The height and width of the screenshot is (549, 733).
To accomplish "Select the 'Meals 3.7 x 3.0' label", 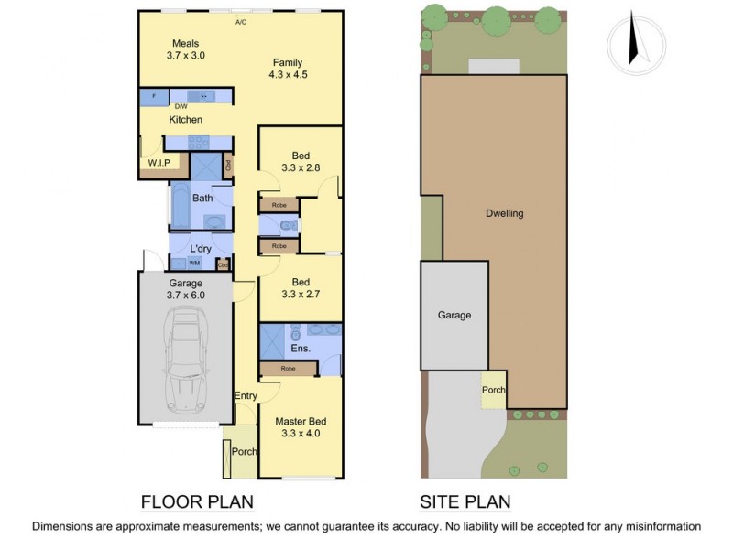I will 185,49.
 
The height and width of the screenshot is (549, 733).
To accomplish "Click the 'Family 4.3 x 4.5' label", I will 287,70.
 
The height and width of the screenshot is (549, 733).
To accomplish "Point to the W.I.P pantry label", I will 159,163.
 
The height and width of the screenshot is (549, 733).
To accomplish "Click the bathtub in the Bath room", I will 179,208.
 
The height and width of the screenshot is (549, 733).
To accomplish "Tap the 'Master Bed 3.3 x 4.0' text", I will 301,427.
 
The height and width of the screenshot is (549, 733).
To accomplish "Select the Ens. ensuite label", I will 301,348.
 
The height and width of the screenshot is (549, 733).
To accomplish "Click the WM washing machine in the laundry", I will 194,264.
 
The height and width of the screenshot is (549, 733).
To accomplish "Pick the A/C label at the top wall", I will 241,21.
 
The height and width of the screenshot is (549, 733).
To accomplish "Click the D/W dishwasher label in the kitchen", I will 181,107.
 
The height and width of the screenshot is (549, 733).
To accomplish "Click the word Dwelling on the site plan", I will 504,213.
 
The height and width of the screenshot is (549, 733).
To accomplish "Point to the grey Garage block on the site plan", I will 454,315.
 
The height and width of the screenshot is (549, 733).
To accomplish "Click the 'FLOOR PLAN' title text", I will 196,501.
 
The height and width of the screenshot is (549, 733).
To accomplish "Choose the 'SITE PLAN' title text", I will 465,501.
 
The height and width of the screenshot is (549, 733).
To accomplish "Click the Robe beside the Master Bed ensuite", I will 288,368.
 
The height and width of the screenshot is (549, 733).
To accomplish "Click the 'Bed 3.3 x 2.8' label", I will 301,162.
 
